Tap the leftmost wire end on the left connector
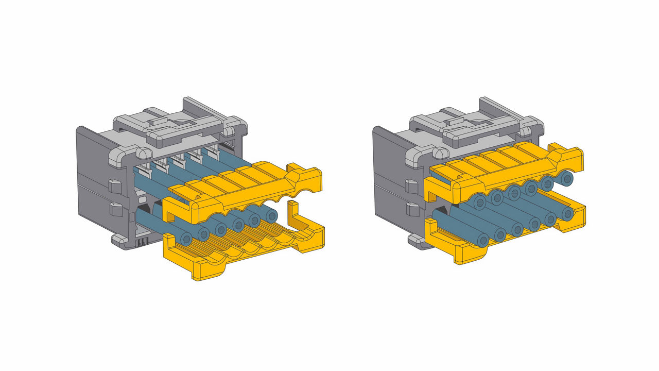point(186,239)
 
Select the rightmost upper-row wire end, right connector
point(567,179)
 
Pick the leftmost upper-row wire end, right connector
point(480,203)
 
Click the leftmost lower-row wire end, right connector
point(482,240)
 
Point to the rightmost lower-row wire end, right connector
point(567,213)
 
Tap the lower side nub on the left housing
point(115,209)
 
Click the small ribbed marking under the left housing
point(143,241)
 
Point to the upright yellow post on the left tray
point(293,214)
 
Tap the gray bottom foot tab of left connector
point(118,239)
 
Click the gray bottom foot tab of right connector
point(414,239)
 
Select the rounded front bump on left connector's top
point(142,153)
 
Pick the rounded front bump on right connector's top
point(439,153)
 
